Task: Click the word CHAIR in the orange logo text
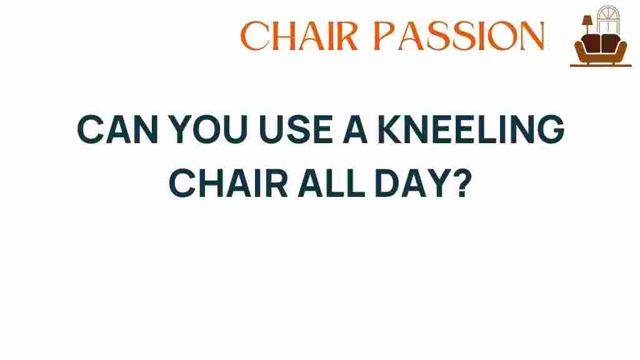pos(299,36)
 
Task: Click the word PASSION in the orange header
pos(459,36)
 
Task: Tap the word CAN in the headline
pos(117,129)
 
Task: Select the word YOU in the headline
pos(207,129)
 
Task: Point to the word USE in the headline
pos(296,129)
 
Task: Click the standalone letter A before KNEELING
pos(355,129)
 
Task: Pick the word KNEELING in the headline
pos(471,129)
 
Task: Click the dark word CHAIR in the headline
pos(229,183)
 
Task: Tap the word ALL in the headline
pos(331,183)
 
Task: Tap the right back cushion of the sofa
pos(610,43)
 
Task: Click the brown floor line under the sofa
pos(601,65)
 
